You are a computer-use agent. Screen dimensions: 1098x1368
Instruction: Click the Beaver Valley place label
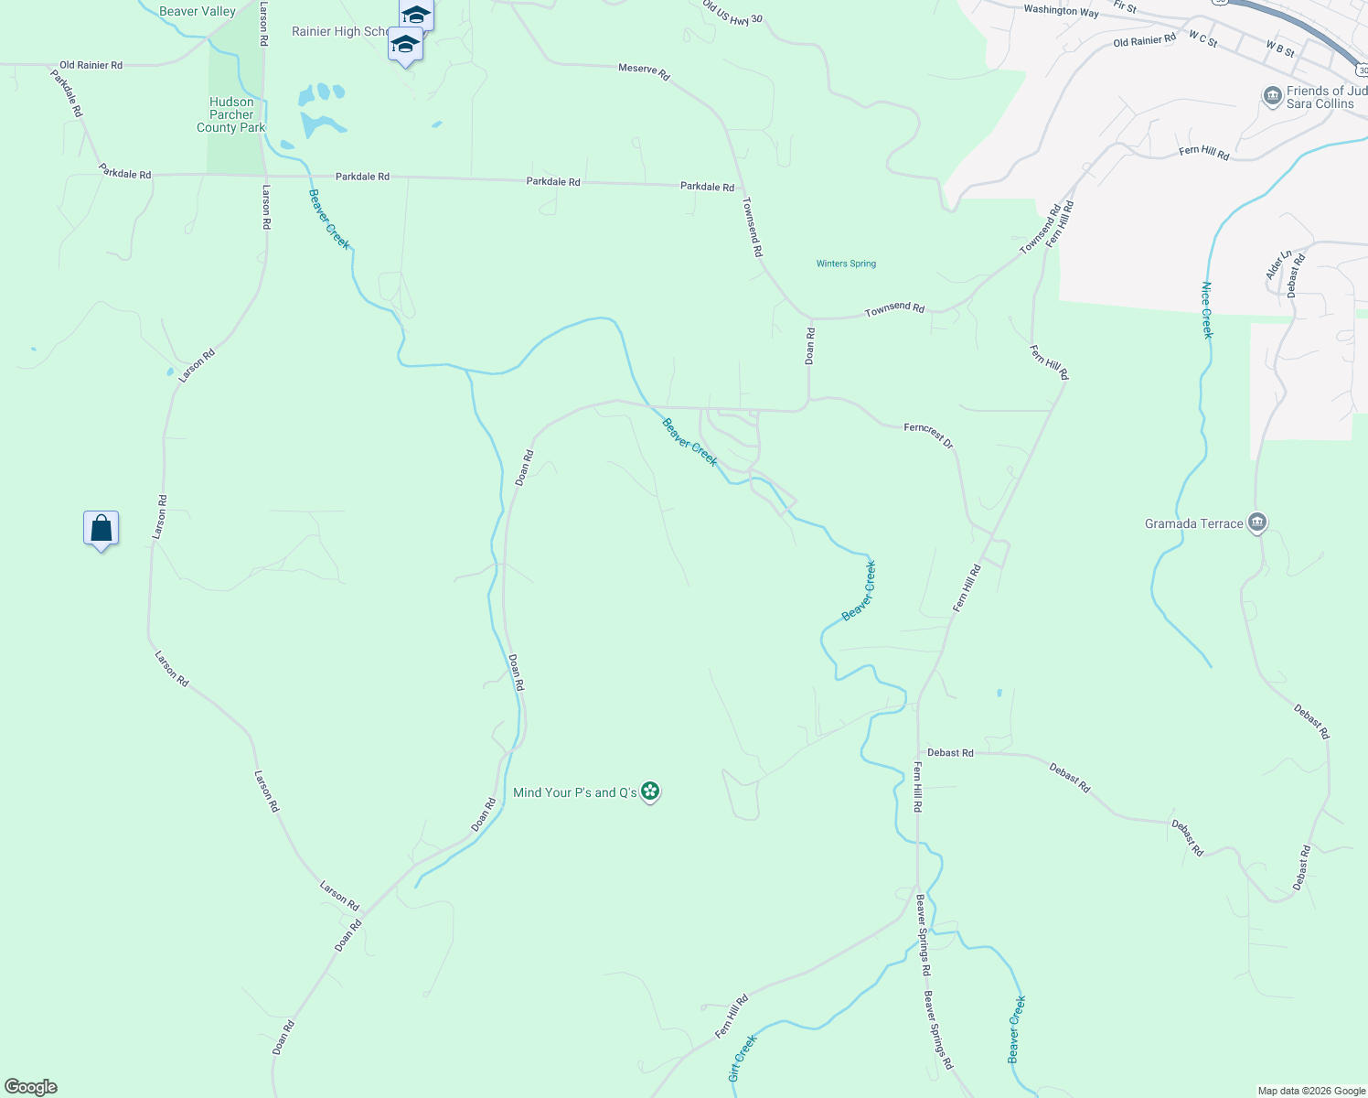click(x=197, y=12)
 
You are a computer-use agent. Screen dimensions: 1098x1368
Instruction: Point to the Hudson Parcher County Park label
click(x=230, y=115)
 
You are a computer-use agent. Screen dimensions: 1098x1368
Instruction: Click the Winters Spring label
click(x=846, y=264)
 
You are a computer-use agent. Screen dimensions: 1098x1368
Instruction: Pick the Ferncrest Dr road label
click(x=928, y=435)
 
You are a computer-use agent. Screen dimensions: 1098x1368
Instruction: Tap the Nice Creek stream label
click(x=1206, y=310)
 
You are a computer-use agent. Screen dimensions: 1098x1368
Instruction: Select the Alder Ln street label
click(x=1278, y=264)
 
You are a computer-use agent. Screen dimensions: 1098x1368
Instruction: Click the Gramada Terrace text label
click(x=1193, y=524)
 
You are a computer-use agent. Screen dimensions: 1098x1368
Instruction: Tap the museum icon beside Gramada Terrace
click(x=1257, y=522)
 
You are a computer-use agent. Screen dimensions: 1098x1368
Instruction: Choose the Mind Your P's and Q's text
click(x=575, y=792)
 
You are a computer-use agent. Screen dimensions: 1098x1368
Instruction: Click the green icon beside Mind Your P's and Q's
click(x=650, y=791)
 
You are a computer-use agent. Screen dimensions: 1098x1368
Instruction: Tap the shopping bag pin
click(x=101, y=529)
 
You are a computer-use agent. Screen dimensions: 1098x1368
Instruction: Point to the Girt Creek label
click(x=743, y=1058)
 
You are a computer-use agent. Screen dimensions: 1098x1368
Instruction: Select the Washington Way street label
click(x=1061, y=11)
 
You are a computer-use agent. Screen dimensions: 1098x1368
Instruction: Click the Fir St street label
click(x=1125, y=7)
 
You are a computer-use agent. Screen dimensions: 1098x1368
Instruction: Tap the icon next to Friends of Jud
click(x=1272, y=96)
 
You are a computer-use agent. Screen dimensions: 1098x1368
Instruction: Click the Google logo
click(x=31, y=1087)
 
